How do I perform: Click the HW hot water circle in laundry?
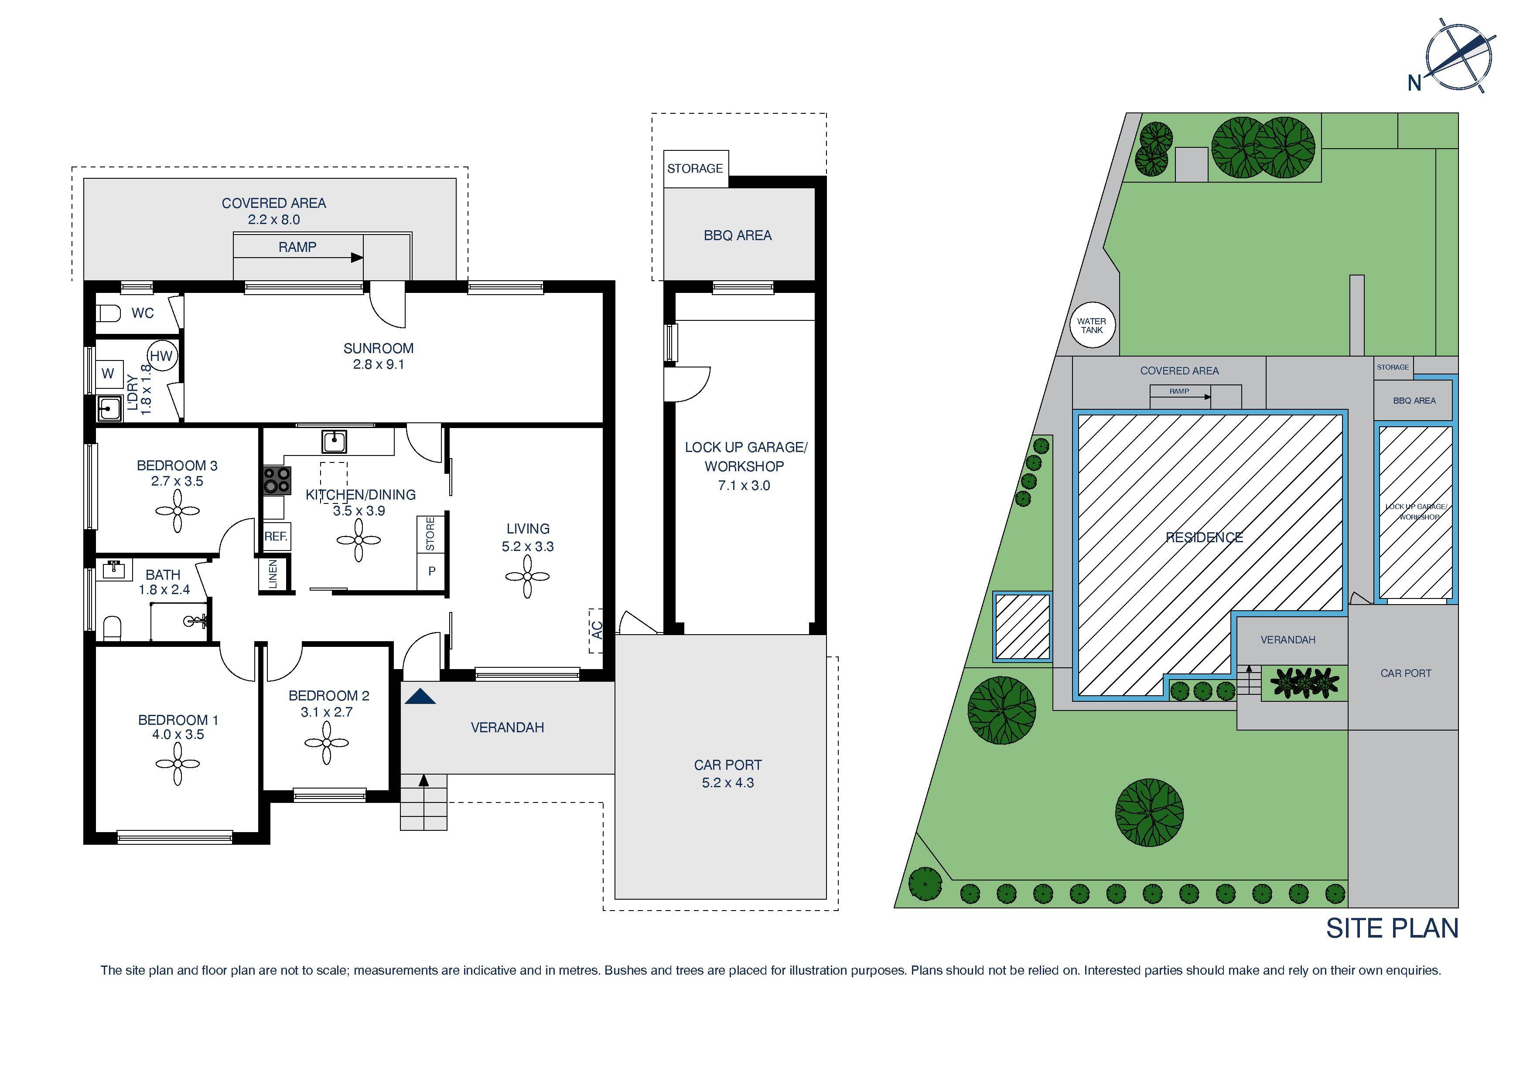pyautogui.click(x=161, y=356)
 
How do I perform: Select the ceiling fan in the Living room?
pyautogui.click(x=527, y=576)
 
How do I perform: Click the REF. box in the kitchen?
pyautogui.click(x=277, y=536)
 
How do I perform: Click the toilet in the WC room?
pyautogui.click(x=109, y=313)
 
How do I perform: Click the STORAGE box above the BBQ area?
pyautogui.click(x=695, y=169)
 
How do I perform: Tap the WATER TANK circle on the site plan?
pyautogui.click(x=1092, y=326)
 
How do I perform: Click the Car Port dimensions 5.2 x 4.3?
pyautogui.click(x=727, y=782)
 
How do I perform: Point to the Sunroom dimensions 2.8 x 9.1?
pyautogui.click(x=379, y=364)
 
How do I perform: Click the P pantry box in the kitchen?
pyautogui.click(x=431, y=571)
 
